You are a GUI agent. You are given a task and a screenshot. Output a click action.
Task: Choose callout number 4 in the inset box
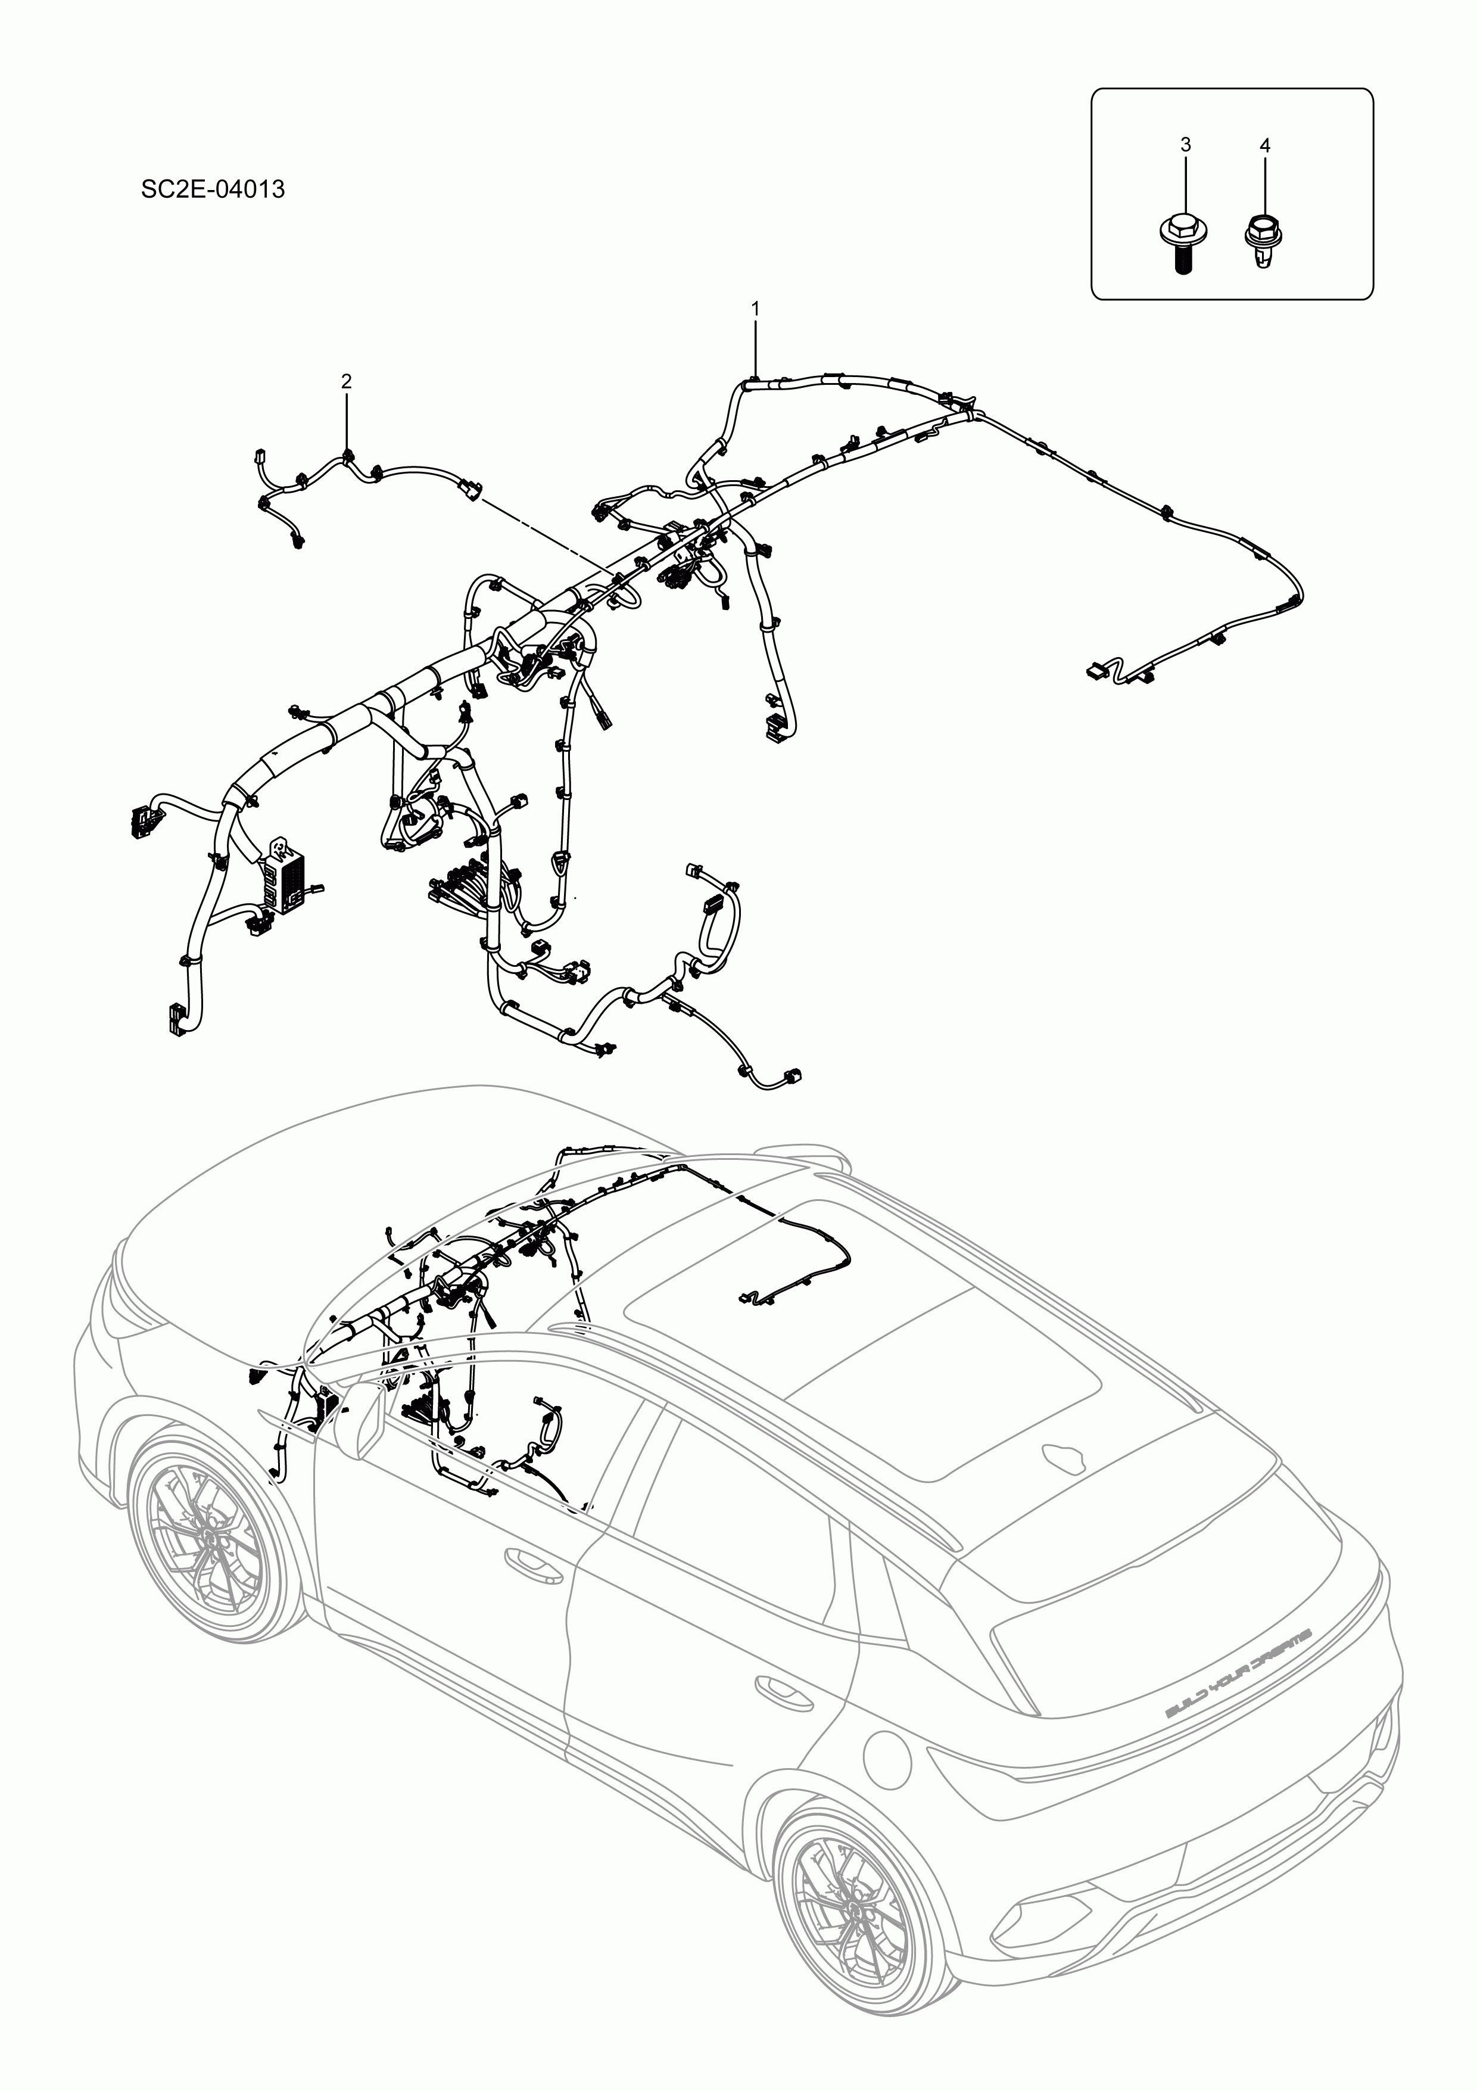click(x=1265, y=146)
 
